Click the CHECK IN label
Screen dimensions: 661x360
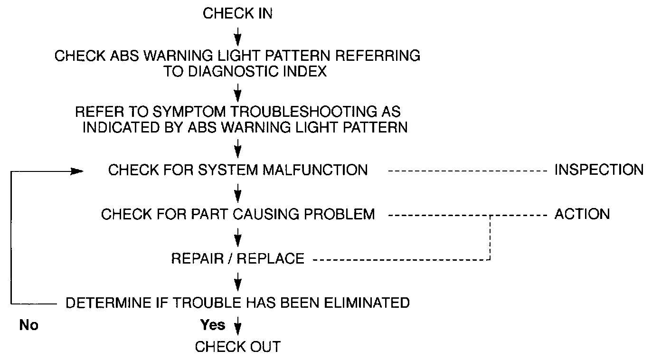(237, 13)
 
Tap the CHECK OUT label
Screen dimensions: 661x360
(237, 347)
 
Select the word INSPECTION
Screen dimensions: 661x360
(599, 170)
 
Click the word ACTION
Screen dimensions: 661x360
(582, 214)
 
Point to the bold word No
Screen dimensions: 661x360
(29, 325)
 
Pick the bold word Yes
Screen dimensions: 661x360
(213, 325)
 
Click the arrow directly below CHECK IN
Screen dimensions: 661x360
(238, 35)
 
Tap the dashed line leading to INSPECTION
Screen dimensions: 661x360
(468, 170)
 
